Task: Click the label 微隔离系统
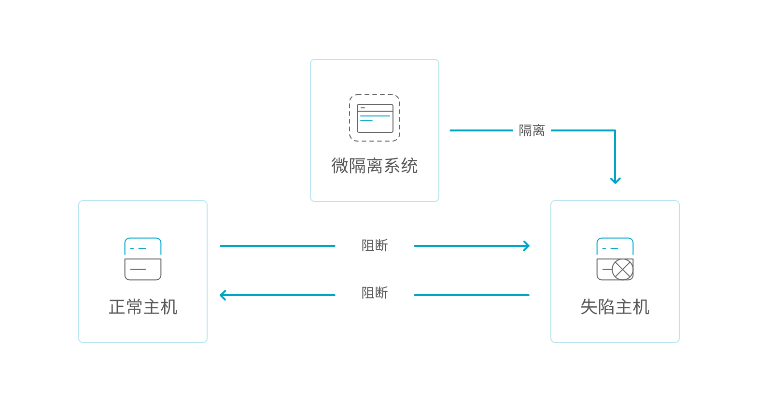[374, 166]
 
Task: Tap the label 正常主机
[143, 307]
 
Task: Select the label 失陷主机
[615, 307]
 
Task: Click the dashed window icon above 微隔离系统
[375, 118]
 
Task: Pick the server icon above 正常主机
[143, 259]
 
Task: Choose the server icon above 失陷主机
[615, 259]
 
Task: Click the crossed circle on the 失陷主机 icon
[622, 270]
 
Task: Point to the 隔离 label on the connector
[532, 130]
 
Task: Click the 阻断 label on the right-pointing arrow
[375, 245]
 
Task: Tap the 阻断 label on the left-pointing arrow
[375, 293]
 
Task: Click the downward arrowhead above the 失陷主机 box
[615, 181]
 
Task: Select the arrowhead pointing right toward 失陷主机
[526, 246]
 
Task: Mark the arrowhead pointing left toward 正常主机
[223, 295]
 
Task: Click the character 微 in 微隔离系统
[340, 166]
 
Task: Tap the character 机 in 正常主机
[169, 307]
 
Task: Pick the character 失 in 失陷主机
[589, 307]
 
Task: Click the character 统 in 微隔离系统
[409, 166]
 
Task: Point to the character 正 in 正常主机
[117, 307]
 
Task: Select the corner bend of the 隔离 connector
[615, 130]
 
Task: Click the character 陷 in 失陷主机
[606, 307]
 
